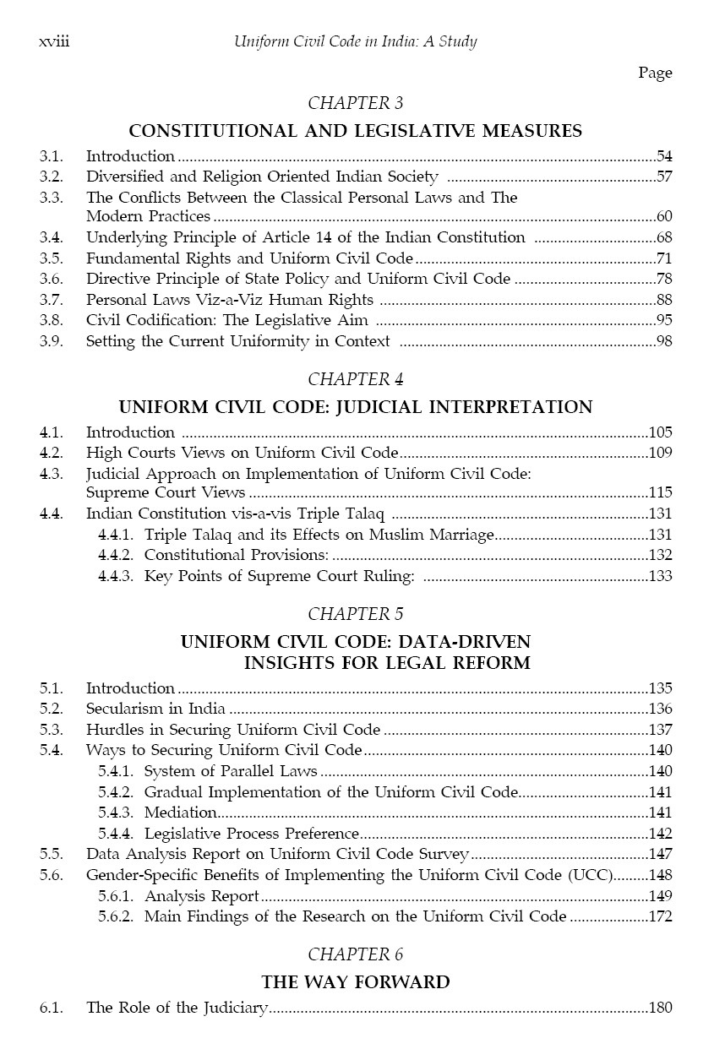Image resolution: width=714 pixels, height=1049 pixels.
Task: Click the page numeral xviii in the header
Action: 54,41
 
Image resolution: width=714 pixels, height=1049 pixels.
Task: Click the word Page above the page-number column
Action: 655,73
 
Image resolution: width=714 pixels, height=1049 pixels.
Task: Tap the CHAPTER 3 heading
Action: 356,103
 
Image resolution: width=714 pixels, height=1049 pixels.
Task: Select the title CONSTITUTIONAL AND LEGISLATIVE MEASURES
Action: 356,131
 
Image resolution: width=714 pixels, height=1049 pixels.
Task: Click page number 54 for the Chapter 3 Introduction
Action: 664,156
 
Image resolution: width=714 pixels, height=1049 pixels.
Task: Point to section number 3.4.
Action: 51,237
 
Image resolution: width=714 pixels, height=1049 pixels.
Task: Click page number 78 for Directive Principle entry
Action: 664,279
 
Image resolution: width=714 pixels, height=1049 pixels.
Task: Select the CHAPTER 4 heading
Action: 356,378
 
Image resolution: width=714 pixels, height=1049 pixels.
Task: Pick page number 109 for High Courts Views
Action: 660,452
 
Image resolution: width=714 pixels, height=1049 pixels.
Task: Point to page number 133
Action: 660,576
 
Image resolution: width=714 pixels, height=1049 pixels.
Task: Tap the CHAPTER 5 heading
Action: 356,613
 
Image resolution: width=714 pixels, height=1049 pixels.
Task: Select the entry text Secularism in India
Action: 155,709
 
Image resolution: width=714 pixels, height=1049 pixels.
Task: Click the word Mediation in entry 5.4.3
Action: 180,813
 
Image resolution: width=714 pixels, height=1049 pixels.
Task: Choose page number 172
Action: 660,916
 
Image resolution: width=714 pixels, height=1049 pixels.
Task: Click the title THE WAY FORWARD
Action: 356,981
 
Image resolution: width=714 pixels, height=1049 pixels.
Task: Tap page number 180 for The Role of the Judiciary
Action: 660,1008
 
